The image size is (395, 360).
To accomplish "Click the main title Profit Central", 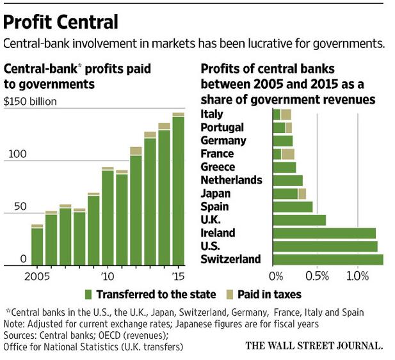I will pos(61,22).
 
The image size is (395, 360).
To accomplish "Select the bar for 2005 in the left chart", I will pos(37,246).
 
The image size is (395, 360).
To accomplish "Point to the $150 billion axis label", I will pos(31,101).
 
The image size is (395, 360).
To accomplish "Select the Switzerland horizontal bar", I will pos(328,259).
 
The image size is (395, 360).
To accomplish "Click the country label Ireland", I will pos(218,233).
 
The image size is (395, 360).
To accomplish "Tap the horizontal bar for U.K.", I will pos(300,220).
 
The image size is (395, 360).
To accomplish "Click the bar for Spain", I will pos(293,207).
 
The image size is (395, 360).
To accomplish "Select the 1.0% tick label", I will pos(357,277).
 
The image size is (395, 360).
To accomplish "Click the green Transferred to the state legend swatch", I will pos(90,294).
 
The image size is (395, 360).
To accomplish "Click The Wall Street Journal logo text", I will pos(314,346).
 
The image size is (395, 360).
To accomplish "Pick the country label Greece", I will pos(217,167).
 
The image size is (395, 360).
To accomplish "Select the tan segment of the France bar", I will pos(288,153).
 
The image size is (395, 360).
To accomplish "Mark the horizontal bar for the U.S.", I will pos(325,246).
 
